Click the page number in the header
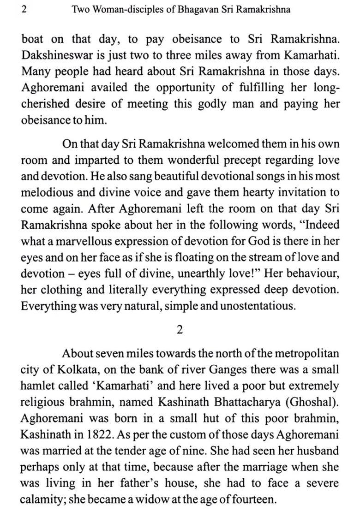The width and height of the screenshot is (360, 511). tap(24, 9)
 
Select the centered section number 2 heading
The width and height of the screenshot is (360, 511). tap(180, 329)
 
